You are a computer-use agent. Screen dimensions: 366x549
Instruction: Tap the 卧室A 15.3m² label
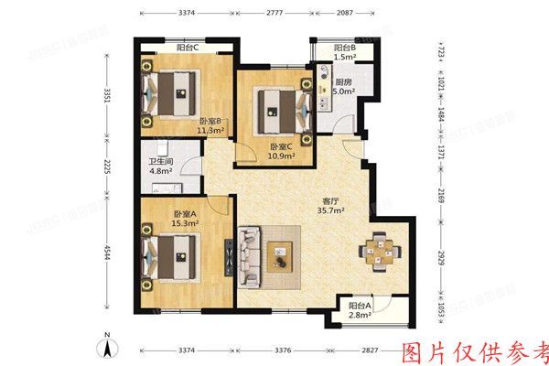[186, 218]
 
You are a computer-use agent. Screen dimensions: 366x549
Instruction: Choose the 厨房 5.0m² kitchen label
[343, 85]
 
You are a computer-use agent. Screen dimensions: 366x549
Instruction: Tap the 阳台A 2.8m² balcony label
[361, 310]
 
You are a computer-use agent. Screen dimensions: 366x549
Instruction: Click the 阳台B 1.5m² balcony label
[344, 52]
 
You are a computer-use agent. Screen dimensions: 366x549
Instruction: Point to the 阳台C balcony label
[189, 48]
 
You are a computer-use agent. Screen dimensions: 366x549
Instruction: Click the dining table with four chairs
[378, 250]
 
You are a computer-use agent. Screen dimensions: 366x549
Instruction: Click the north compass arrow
[107, 345]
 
